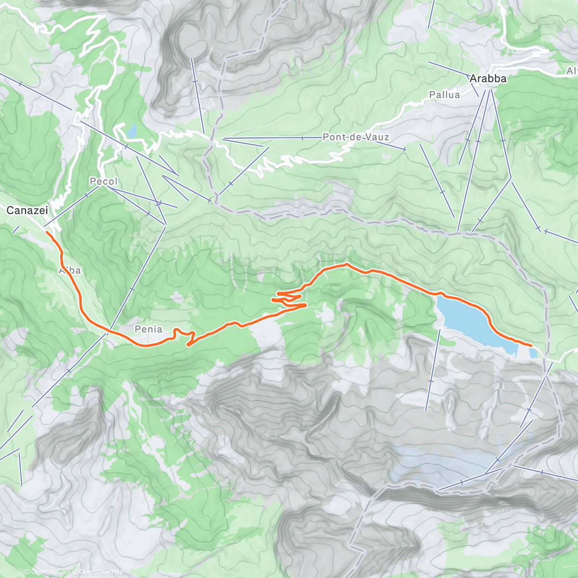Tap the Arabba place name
[488, 79]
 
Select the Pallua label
[444, 95]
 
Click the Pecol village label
[103, 182]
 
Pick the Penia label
[148, 329]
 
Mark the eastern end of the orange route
[531, 346]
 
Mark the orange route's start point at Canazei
[47, 232]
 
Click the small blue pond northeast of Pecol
[131, 130]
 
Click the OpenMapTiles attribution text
[51, 572]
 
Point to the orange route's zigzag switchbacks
[289, 299]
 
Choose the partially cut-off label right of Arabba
[572, 71]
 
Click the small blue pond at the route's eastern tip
[533, 353]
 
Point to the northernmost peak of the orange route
[346, 264]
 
